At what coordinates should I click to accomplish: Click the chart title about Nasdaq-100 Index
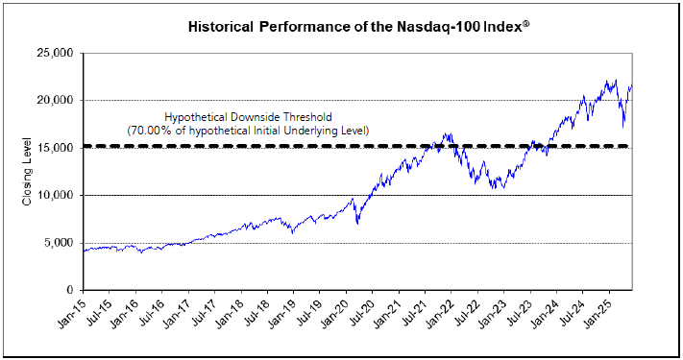click(359, 27)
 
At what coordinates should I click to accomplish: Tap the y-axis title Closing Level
click(27, 171)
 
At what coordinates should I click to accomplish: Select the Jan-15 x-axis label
click(70, 312)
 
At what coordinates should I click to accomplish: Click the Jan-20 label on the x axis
click(333, 312)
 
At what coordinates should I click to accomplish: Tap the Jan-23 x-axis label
click(492, 312)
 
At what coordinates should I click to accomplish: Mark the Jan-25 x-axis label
click(598, 312)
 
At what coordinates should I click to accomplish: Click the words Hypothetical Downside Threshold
click(248, 117)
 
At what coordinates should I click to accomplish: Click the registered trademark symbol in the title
click(526, 24)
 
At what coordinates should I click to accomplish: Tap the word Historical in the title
click(220, 27)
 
